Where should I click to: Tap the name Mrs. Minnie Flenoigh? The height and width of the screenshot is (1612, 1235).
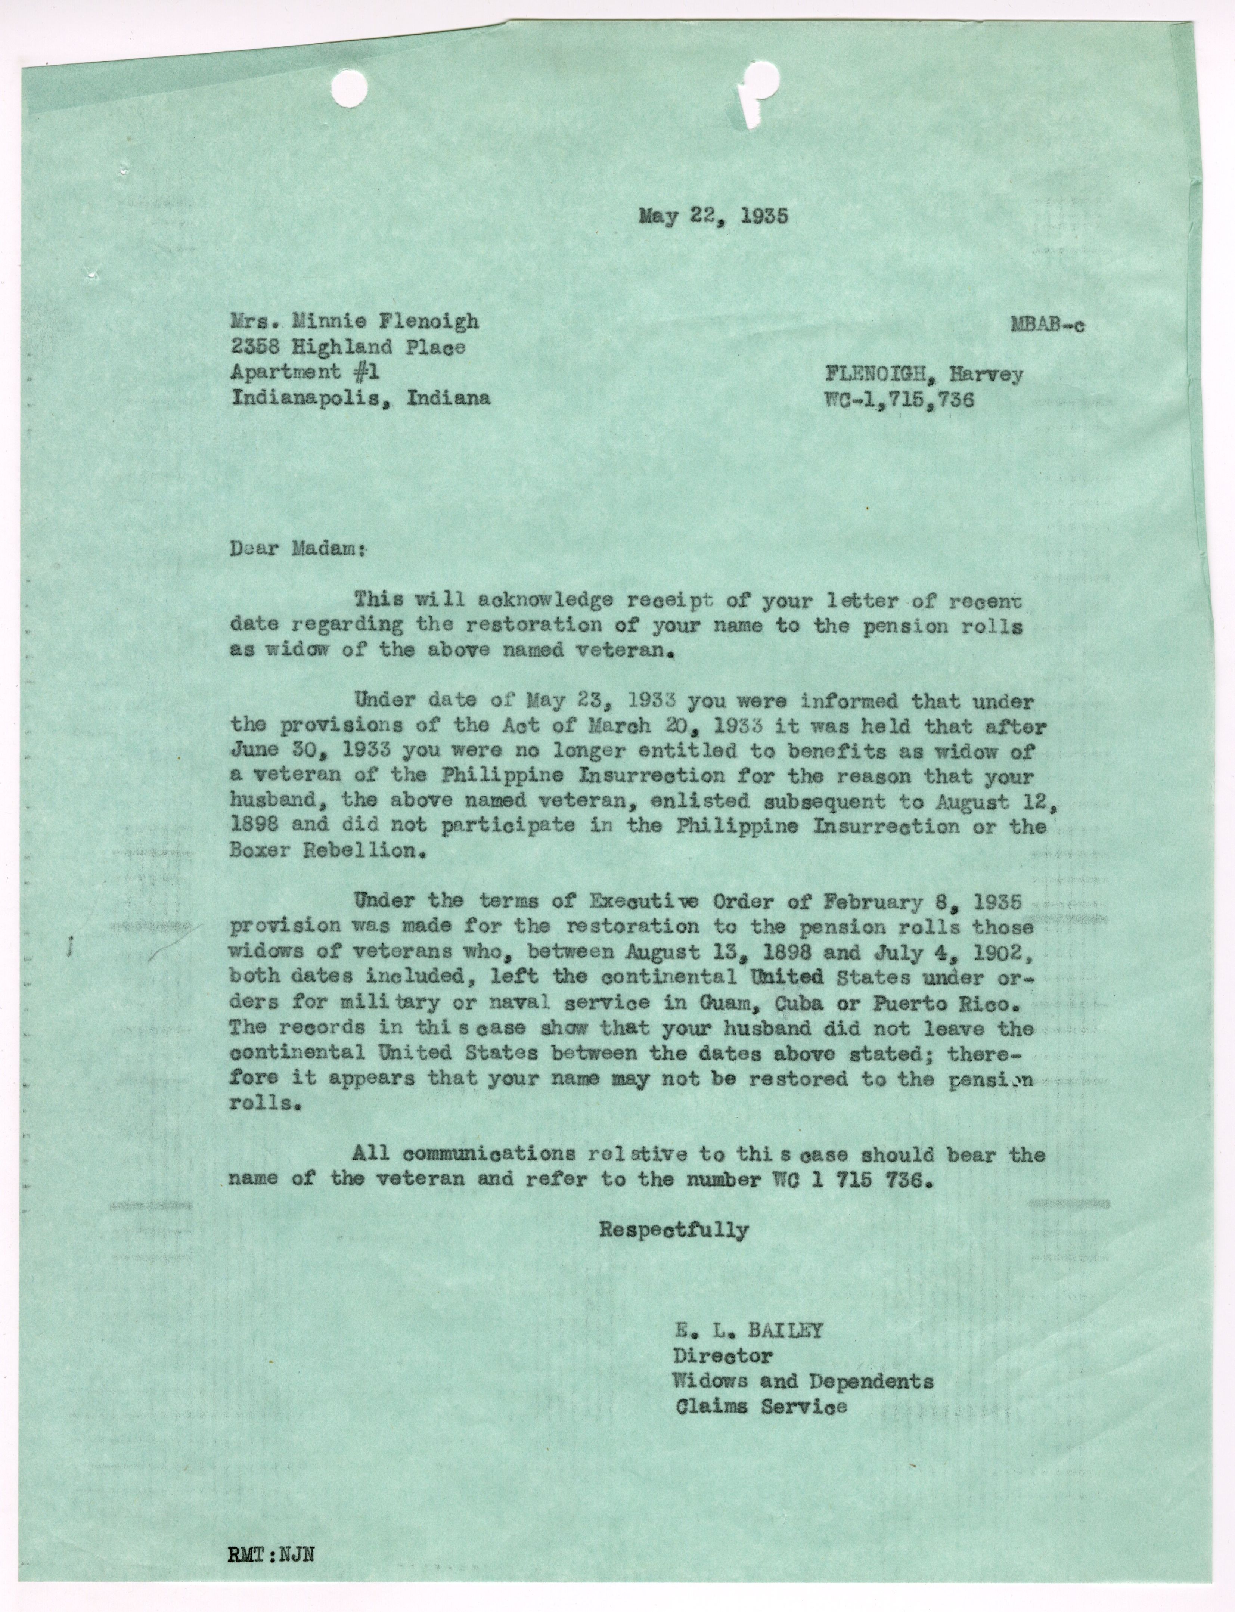pos(354,321)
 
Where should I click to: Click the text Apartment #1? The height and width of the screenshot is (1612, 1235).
pos(305,372)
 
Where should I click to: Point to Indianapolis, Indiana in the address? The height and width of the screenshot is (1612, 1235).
pos(360,398)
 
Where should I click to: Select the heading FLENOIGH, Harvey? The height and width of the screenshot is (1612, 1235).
pos(923,375)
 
